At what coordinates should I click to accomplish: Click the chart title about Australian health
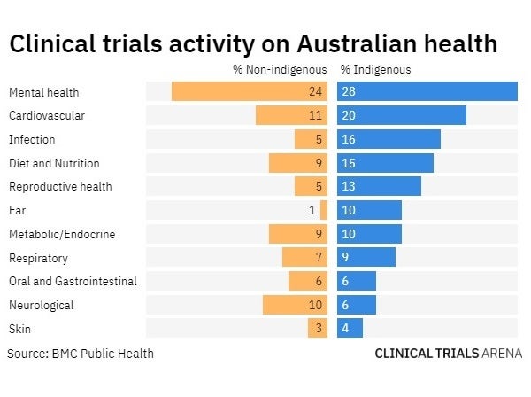click(252, 44)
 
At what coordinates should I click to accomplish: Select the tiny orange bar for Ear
click(324, 210)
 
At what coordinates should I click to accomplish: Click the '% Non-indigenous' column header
click(280, 69)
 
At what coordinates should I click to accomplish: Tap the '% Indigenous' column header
click(375, 69)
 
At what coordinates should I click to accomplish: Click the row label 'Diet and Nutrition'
click(54, 163)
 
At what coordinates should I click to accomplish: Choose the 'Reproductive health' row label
click(60, 186)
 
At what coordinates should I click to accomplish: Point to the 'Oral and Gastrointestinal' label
click(73, 281)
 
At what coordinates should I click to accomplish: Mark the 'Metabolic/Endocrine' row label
click(62, 234)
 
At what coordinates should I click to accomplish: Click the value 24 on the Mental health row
click(315, 91)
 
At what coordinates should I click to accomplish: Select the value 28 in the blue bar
click(349, 91)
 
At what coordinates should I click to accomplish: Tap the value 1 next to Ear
click(312, 210)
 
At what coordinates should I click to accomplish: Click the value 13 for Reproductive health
click(349, 186)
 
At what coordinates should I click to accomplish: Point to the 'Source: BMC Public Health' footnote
click(81, 353)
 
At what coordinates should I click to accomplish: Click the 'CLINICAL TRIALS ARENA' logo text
click(448, 353)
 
